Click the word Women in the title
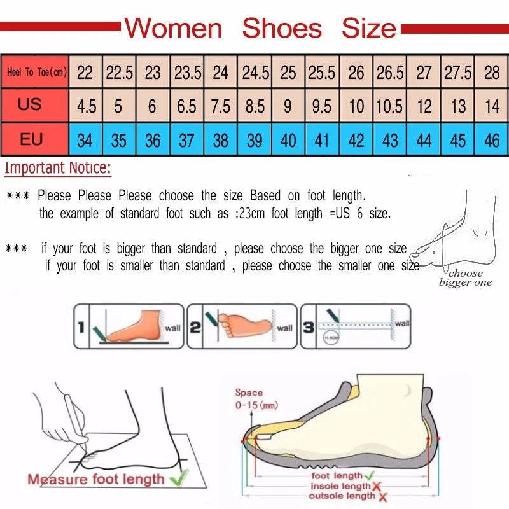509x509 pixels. click(x=173, y=28)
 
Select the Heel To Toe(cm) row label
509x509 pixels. click(x=37, y=72)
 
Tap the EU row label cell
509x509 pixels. click(x=31, y=139)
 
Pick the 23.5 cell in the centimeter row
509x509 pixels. click(x=188, y=73)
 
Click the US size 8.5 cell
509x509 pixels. click(x=254, y=106)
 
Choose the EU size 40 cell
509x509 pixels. click(x=288, y=139)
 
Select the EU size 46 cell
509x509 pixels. click(x=492, y=139)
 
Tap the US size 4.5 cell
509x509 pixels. click(x=86, y=106)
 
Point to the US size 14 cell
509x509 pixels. click(x=492, y=106)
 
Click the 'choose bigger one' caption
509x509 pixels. click(x=465, y=278)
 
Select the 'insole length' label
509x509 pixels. click(x=338, y=486)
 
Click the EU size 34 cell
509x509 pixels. click(x=85, y=139)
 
